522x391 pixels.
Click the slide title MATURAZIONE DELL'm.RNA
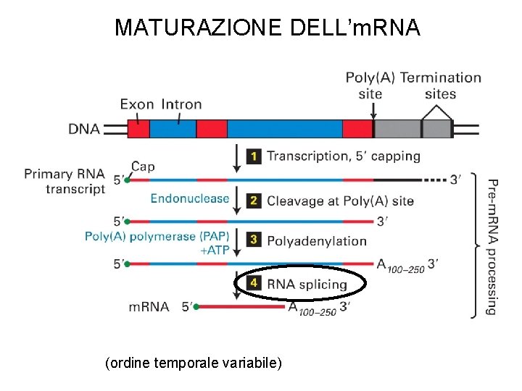click(267, 28)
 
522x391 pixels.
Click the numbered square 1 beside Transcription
click(254, 156)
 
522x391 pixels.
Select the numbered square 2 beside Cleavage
click(254, 201)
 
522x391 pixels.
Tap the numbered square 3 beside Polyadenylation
click(254, 240)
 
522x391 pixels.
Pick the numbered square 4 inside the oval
click(254, 284)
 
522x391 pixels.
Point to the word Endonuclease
click(190, 198)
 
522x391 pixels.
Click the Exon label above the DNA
click(137, 104)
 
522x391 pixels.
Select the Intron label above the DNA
click(181, 104)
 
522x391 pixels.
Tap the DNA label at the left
click(85, 130)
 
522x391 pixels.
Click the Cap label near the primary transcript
click(143, 167)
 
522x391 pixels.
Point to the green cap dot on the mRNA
click(196, 307)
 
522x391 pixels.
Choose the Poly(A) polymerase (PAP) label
click(157, 236)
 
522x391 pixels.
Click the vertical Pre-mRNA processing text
click(491, 246)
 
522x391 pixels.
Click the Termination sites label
click(441, 85)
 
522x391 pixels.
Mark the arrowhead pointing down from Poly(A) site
click(373, 114)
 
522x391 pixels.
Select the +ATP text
click(214, 250)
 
